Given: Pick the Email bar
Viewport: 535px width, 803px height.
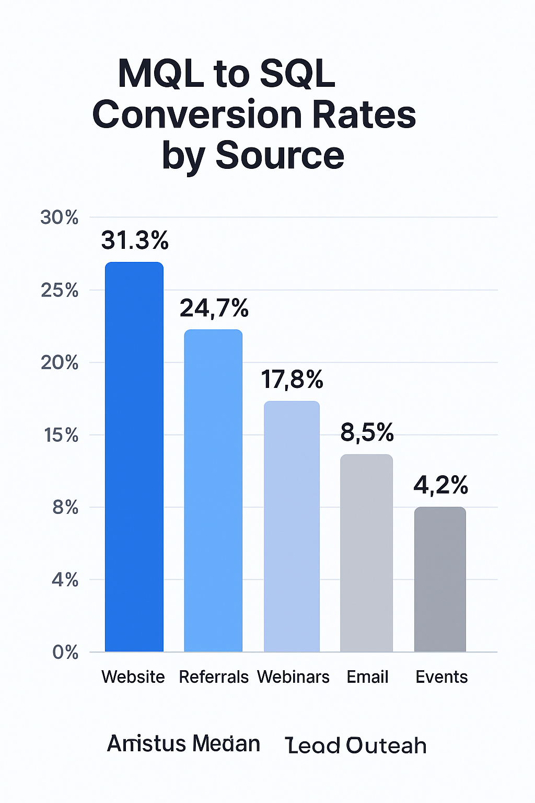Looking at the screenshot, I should [366, 553].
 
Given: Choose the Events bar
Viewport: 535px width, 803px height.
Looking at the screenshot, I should [440, 579].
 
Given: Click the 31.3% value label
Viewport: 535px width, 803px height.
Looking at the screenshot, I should [135, 240].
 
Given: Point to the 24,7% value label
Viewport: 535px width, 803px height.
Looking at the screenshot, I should [214, 308].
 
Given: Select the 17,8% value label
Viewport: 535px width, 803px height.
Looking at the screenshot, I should [292, 380].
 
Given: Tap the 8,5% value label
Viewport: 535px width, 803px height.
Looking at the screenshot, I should [367, 433].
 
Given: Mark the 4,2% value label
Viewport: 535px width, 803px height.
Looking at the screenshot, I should [441, 486].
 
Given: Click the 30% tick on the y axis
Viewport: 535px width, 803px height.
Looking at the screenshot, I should [60, 217].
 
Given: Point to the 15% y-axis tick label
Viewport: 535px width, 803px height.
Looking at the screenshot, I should [61, 435].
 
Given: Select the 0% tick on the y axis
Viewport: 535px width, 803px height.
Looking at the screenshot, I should [65, 652].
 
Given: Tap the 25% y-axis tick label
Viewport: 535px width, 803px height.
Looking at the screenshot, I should [60, 290].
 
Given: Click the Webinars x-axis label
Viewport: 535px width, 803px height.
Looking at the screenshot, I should [293, 677].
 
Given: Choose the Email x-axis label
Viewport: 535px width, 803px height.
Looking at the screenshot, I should [367, 677].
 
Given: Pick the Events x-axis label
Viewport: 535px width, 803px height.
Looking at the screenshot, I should [441, 677].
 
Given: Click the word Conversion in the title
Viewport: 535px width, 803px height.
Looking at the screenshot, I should [197, 115].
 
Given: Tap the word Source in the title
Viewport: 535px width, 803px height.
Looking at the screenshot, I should [280, 156].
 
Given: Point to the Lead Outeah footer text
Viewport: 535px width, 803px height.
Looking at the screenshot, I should [356, 745].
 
